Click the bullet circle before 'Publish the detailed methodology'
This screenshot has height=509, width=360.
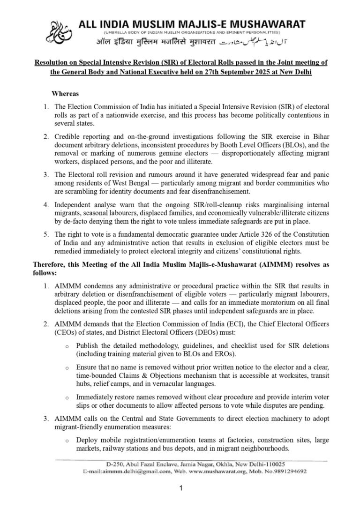[68, 346]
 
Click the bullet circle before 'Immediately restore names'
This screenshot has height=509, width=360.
[68, 398]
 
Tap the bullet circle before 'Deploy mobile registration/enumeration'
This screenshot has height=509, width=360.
[68, 441]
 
